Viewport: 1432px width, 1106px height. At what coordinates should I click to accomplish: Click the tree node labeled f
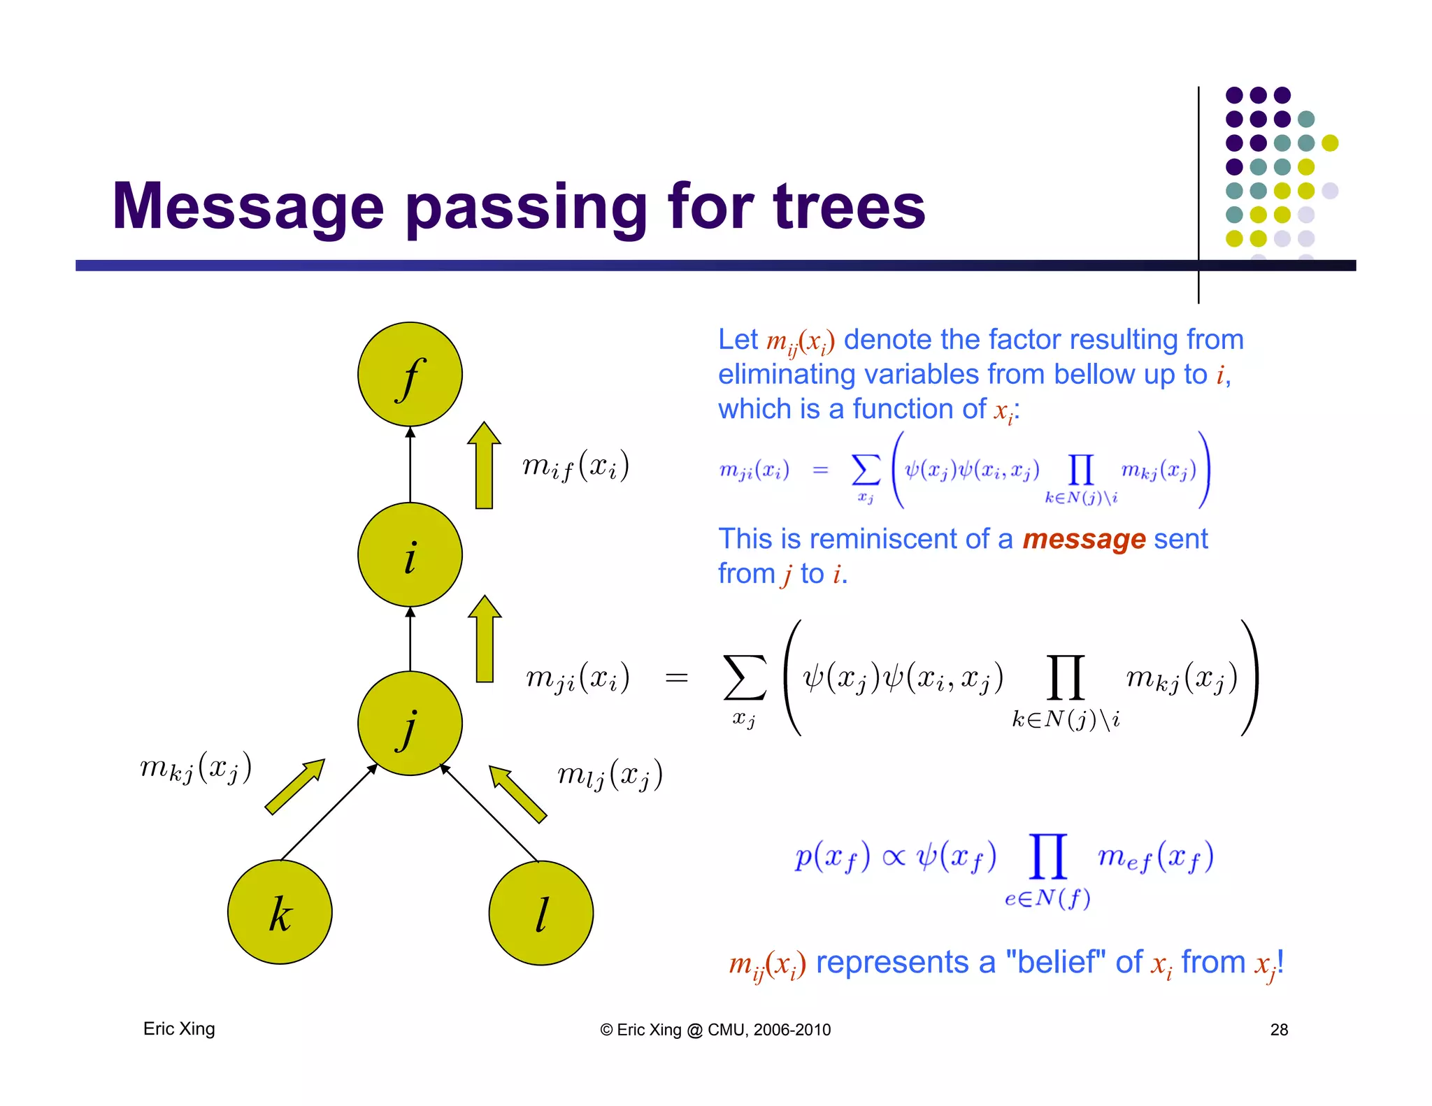[x=410, y=374]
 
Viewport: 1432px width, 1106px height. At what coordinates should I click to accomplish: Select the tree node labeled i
[x=410, y=554]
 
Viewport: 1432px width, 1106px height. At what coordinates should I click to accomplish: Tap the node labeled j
[x=410, y=723]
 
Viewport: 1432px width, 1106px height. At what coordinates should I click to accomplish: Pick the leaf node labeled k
[x=280, y=912]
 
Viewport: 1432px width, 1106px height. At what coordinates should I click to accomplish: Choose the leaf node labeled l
[x=540, y=912]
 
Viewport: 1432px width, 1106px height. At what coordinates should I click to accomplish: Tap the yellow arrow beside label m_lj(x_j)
[x=517, y=793]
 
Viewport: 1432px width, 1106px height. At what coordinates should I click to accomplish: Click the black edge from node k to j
[x=329, y=812]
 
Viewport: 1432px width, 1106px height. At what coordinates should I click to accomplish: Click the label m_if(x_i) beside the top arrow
[x=575, y=466]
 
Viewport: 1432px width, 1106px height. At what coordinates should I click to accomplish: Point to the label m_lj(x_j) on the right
[x=610, y=775]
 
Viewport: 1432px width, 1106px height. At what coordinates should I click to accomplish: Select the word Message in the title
[x=248, y=206]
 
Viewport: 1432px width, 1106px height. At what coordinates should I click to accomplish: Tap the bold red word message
[x=1084, y=539]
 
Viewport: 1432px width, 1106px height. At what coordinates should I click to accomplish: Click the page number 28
[x=1279, y=1029]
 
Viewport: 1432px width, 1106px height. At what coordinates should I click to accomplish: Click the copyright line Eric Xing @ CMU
[x=715, y=1029]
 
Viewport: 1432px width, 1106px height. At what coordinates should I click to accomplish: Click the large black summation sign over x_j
[x=745, y=677]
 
